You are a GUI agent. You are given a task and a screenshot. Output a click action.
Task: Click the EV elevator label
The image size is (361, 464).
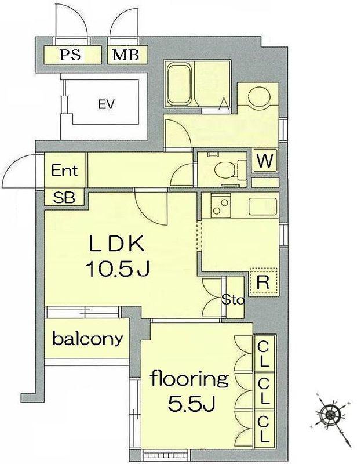[x=107, y=104]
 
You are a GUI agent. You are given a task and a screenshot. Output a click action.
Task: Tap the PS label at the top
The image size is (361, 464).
[x=70, y=55]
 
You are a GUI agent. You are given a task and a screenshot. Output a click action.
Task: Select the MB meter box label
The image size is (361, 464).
[x=125, y=55]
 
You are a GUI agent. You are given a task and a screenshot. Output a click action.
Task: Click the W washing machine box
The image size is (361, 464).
[x=265, y=161]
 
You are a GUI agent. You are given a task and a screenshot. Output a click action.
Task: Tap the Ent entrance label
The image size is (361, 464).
[x=64, y=171]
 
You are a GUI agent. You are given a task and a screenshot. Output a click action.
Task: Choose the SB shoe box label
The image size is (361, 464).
[x=64, y=197]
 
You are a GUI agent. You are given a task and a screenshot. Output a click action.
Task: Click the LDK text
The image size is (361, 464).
[x=116, y=244]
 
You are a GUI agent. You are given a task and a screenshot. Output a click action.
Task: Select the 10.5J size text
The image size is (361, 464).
[x=117, y=269]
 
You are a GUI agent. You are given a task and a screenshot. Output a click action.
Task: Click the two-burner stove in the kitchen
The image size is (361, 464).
[x=221, y=206]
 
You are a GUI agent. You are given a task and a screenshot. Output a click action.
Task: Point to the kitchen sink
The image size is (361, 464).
[x=263, y=206]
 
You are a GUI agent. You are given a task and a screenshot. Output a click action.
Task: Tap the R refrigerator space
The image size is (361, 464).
[x=263, y=282]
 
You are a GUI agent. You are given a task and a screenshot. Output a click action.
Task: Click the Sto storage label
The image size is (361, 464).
[x=233, y=300]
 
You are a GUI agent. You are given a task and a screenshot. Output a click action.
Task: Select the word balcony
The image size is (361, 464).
[x=87, y=339]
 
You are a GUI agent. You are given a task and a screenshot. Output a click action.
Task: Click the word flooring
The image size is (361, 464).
[x=189, y=379]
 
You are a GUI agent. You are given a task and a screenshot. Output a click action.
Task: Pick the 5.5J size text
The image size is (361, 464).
[x=191, y=403]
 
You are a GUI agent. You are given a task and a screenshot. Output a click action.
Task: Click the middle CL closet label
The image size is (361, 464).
[x=264, y=390]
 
